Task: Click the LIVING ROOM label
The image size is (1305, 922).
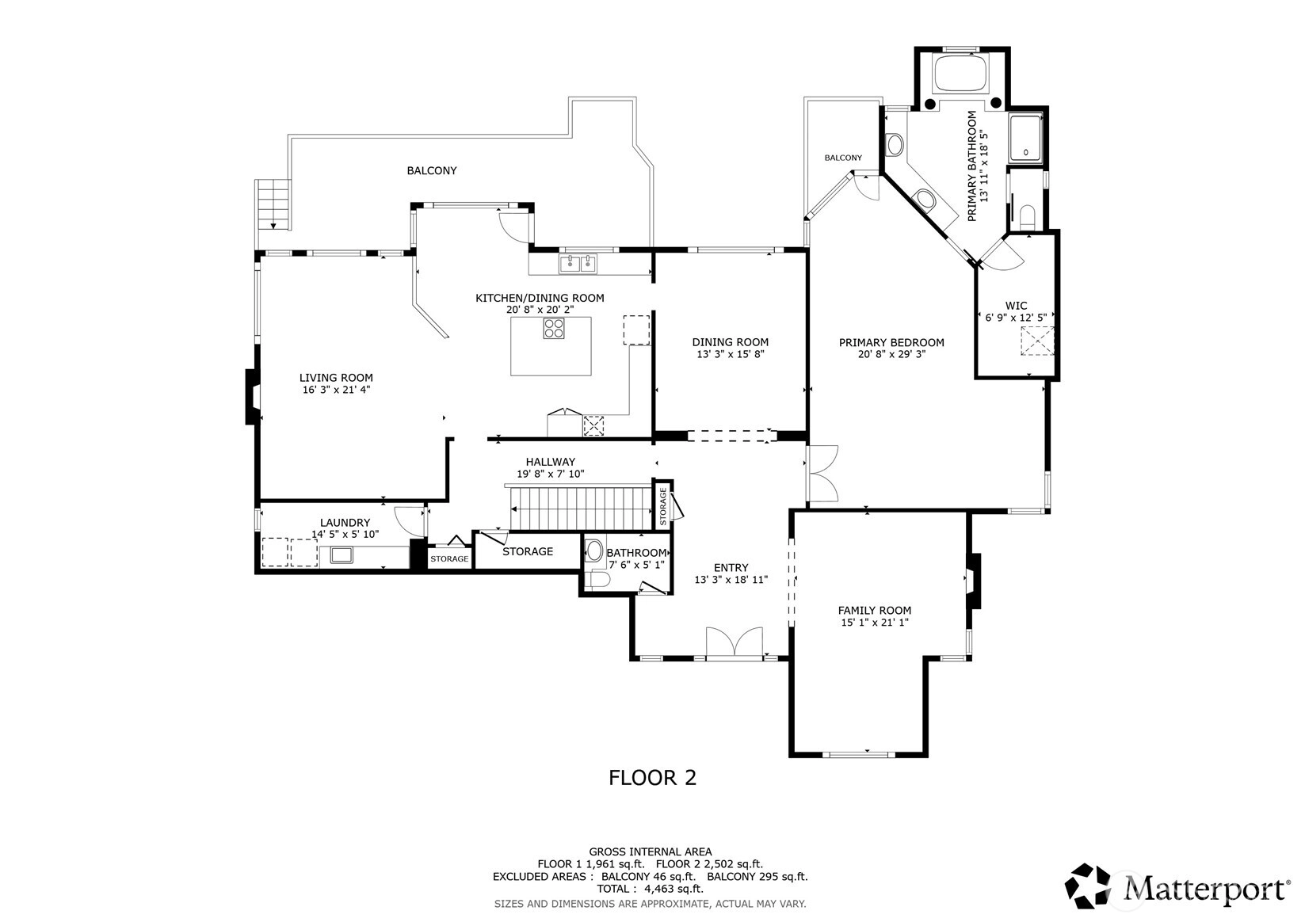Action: (x=336, y=377)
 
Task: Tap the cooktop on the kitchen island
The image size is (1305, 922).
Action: (x=554, y=328)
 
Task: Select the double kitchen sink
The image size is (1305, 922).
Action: (x=578, y=263)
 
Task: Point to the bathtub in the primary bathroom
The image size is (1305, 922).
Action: (x=960, y=73)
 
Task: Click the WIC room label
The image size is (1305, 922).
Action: (x=1016, y=305)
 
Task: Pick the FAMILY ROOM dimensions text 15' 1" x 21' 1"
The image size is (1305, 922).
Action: (x=875, y=622)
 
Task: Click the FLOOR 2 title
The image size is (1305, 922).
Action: (x=653, y=778)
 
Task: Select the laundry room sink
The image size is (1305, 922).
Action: (x=342, y=555)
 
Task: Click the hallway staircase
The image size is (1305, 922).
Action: (x=581, y=508)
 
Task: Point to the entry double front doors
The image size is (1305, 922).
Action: (x=734, y=643)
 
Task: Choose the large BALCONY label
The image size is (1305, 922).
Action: (x=432, y=170)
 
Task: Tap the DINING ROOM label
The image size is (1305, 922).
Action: (x=730, y=342)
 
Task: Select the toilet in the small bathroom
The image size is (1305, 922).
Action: (x=598, y=580)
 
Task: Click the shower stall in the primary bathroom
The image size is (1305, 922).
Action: (x=1025, y=138)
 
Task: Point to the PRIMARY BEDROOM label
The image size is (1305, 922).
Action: (x=891, y=342)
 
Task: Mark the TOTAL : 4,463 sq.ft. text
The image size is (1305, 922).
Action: (x=651, y=889)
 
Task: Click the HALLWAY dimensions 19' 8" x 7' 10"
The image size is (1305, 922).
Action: (x=551, y=474)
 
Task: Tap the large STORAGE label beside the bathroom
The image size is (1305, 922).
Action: (x=528, y=551)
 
